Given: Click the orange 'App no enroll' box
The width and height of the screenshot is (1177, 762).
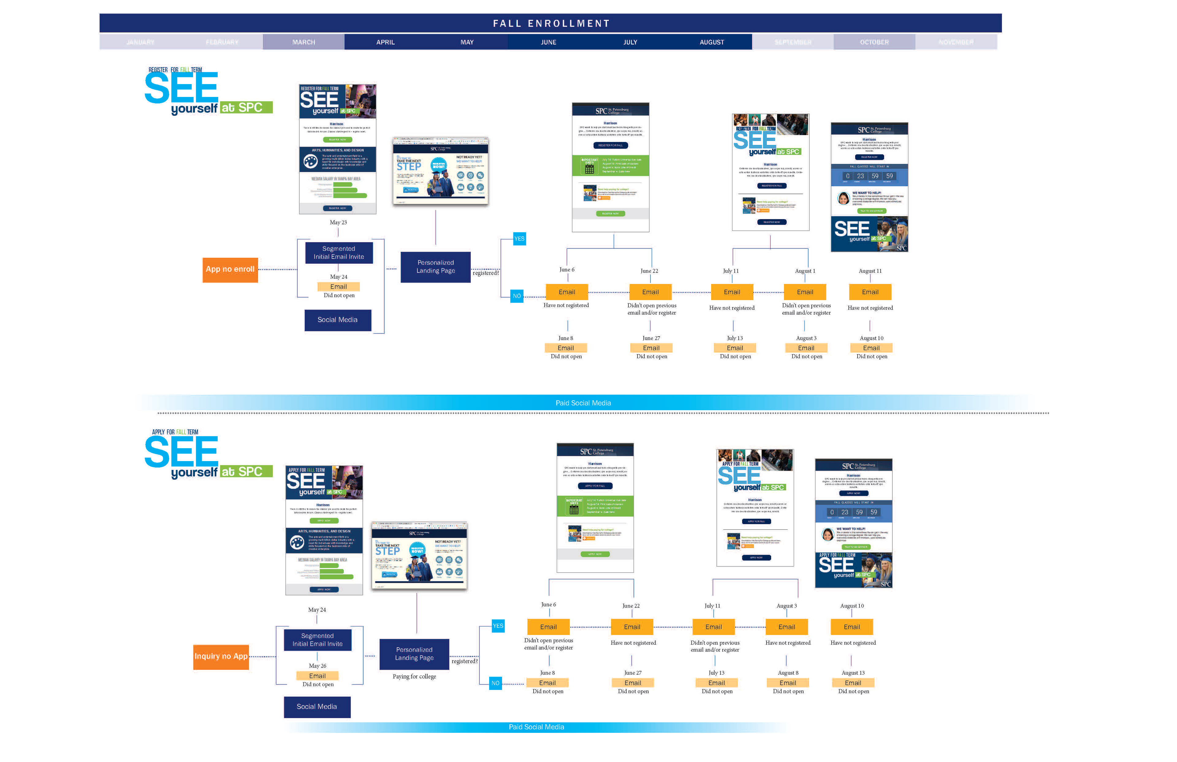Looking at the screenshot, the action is click(x=230, y=270).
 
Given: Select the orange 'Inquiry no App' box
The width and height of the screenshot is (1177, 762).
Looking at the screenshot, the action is click(x=220, y=656).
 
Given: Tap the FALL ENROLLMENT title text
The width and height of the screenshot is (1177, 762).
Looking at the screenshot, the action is click(x=551, y=23).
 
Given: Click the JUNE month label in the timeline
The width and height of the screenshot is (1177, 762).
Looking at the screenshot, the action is click(x=548, y=42).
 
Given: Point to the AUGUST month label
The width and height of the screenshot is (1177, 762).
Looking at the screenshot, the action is click(x=711, y=42).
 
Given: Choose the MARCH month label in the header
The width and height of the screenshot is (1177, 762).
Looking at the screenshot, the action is click(x=303, y=42).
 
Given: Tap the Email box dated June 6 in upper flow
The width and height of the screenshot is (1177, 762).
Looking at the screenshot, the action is click(x=566, y=292).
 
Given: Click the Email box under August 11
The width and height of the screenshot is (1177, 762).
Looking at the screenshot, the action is click(x=870, y=292).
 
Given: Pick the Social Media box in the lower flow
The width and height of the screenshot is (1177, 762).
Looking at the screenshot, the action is click(x=317, y=707).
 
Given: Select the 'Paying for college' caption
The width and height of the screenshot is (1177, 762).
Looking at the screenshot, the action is click(x=414, y=677).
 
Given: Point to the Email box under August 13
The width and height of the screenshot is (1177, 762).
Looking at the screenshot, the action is click(x=853, y=683).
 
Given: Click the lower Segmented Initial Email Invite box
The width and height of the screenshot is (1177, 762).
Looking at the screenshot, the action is click(x=317, y=640).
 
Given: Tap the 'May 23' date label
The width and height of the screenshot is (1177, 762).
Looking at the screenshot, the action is click(x=338, y=223).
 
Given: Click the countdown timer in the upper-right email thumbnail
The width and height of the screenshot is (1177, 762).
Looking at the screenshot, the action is click(x=869, y=176).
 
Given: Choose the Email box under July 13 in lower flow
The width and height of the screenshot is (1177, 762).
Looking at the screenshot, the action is click(x=716, y=683).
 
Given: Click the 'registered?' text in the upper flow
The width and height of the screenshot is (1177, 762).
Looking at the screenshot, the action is click(x=486, y=273).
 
